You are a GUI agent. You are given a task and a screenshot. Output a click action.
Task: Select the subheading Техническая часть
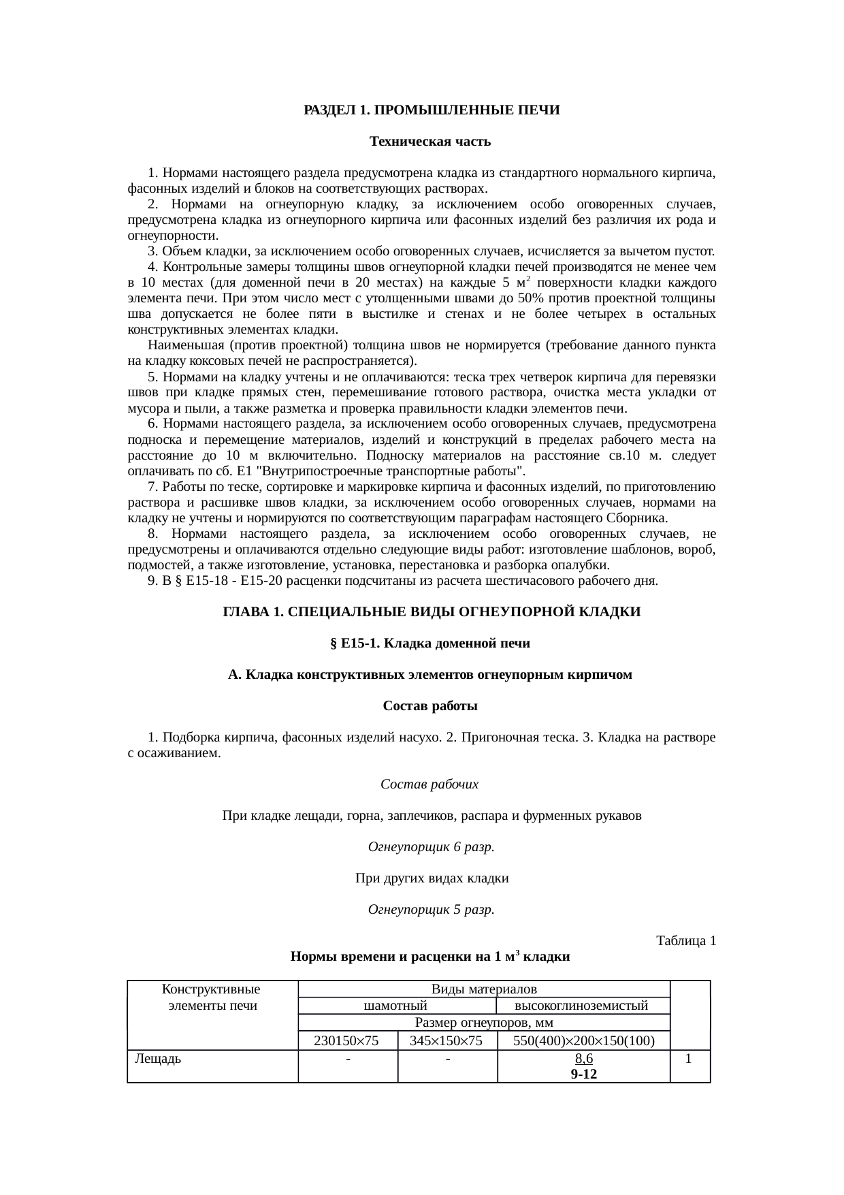430,142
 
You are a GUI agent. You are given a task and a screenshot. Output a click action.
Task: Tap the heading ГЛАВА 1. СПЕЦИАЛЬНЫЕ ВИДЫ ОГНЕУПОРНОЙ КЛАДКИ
432,612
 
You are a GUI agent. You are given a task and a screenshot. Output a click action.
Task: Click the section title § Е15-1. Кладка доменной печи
429,643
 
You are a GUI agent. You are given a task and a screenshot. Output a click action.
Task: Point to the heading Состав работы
430,706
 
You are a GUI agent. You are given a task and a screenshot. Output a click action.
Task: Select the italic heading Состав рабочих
429,784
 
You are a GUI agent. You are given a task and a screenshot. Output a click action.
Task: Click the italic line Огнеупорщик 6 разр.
431,847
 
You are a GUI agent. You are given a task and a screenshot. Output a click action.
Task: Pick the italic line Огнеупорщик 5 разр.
431,910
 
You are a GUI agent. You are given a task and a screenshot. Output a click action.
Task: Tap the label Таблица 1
685,941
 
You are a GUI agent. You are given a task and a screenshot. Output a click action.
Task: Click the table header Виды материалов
484,989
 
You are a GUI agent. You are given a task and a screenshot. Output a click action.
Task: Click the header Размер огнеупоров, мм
484,1023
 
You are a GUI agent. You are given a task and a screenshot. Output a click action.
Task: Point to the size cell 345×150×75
447,1040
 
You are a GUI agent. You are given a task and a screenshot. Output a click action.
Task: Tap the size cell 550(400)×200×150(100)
583,1040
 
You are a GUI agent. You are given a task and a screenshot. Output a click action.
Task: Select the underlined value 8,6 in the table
583,1059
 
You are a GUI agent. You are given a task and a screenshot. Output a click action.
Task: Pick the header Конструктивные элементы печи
212,997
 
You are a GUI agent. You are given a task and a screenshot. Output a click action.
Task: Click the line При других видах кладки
432,878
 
